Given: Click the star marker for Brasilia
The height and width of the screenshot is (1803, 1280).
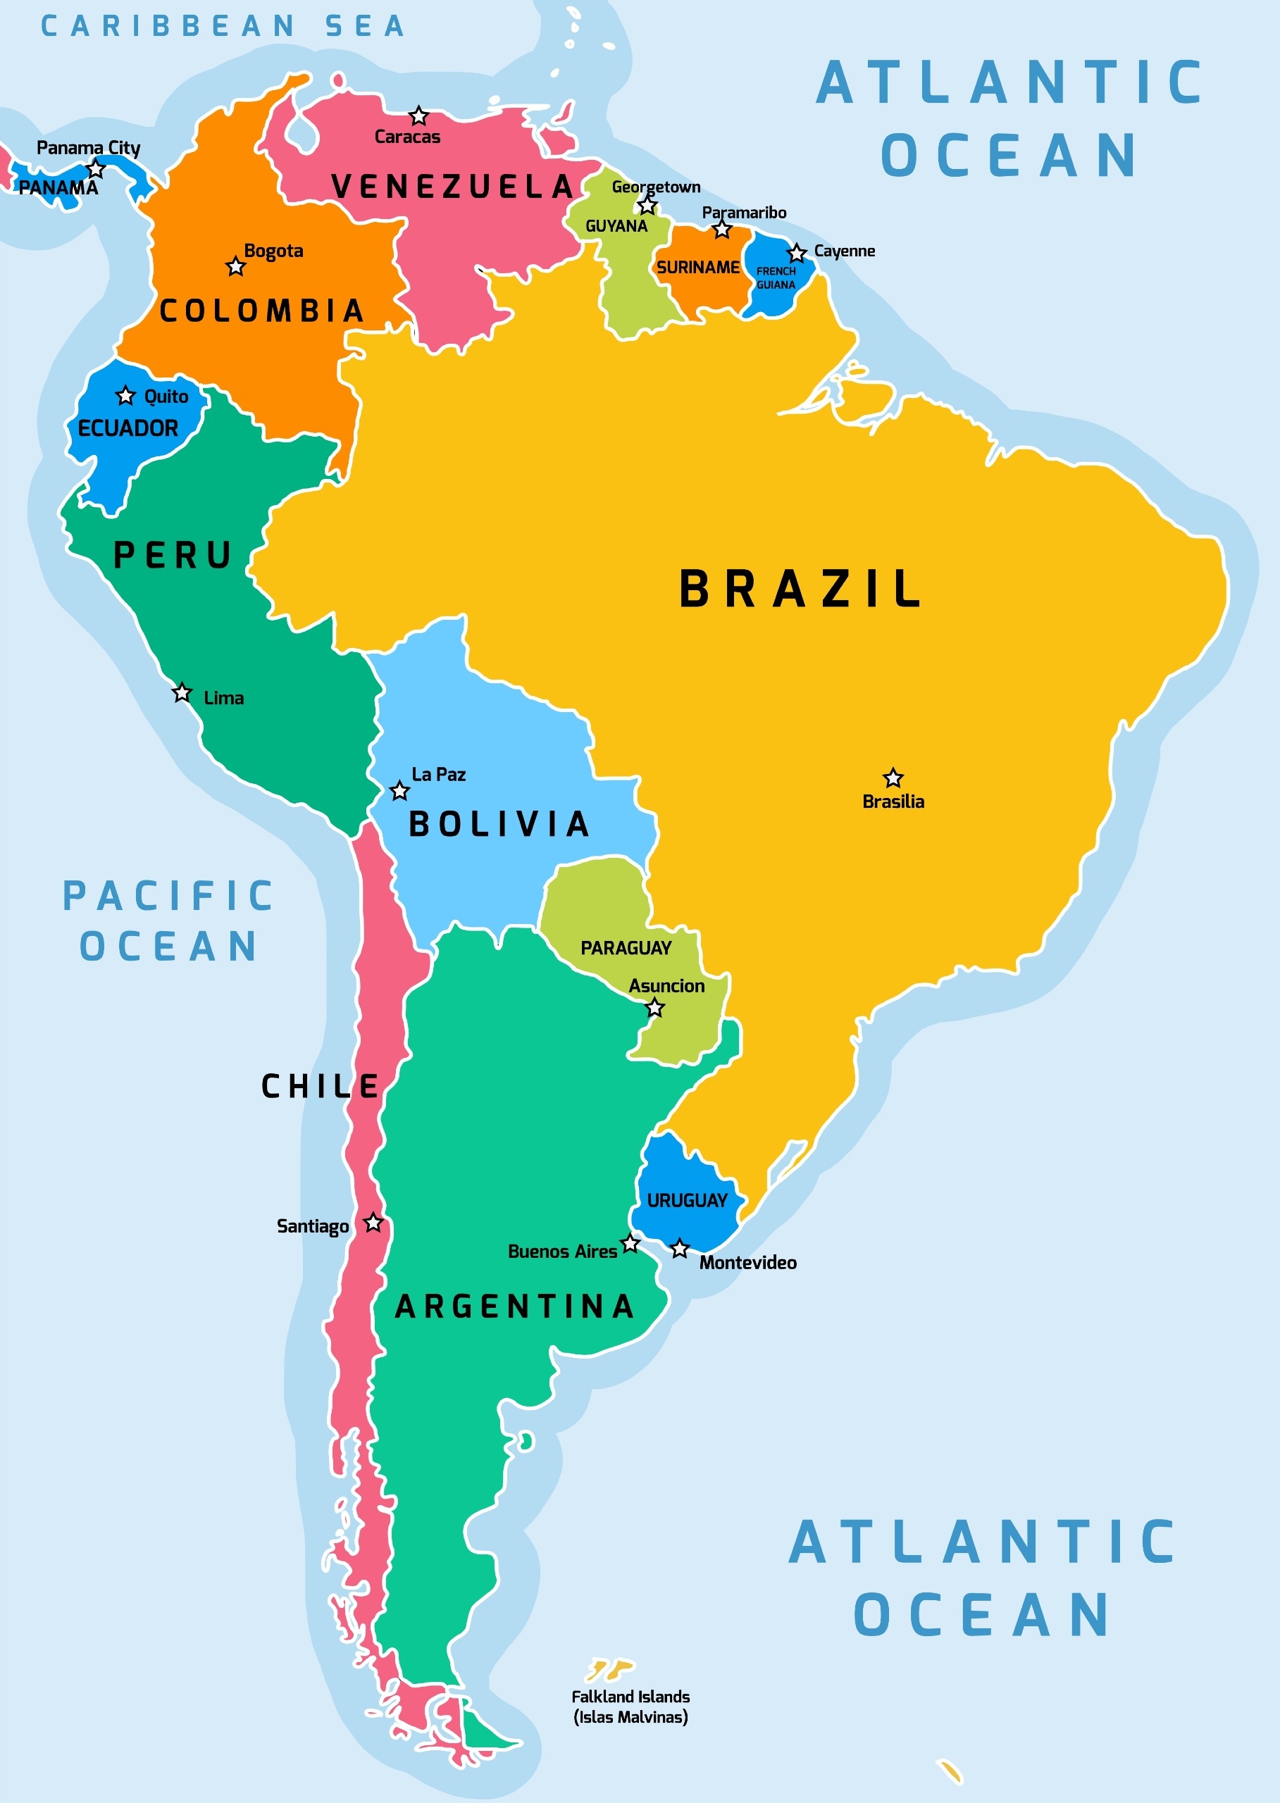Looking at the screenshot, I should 893,778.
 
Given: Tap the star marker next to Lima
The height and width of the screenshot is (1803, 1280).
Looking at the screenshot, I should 182,692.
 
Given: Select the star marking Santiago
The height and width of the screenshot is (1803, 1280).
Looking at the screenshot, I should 373,1223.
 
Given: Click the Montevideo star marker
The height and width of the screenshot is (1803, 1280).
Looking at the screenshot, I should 679,1249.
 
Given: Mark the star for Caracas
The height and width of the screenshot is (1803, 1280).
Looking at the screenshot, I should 418,116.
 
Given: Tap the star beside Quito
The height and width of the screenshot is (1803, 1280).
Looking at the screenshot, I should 125,395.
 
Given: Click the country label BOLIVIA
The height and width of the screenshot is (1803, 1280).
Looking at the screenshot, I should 499,824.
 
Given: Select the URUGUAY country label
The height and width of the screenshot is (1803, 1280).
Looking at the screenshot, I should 687,1200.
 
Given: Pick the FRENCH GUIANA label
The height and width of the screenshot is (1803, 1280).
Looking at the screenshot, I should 776,278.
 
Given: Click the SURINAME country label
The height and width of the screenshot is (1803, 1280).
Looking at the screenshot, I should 697,267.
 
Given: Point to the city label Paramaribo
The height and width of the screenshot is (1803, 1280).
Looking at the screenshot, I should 744,212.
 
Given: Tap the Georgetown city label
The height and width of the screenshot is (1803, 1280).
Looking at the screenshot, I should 656,187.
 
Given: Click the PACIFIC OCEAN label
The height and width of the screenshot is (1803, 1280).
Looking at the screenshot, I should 168,921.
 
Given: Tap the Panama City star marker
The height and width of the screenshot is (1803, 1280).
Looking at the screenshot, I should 95,168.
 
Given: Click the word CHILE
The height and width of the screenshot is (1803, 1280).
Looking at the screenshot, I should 319,1086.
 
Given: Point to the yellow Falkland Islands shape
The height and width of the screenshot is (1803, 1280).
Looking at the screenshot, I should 609,1668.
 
